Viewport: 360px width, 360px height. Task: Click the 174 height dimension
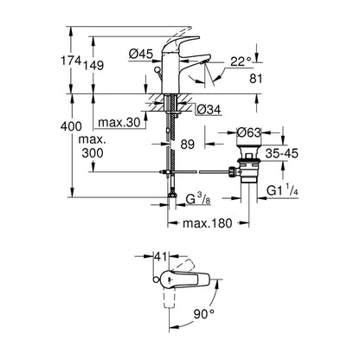pyautogui.click(x=70, y=61)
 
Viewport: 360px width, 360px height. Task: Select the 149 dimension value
pyautogui.click(x=93, y=66)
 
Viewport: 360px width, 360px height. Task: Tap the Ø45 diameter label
pyautogui.click(x=140, y=54)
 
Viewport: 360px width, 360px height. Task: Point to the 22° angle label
pyautogui.click(x=241, y=61)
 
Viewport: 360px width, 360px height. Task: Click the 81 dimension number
pyautogui.click(x=256, y=79)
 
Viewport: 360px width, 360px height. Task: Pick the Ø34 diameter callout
pyautogui.click(x=209, y=109)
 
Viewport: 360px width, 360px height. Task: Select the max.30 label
pyautogui.click(x=119, y=122)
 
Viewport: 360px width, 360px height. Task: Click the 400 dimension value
pyautogui.click(x=71, y=126)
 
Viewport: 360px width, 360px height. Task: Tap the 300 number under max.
pyautogui.click(x=93, y=153)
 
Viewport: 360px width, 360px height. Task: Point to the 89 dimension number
pyautogui.click(x=188, y=145)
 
